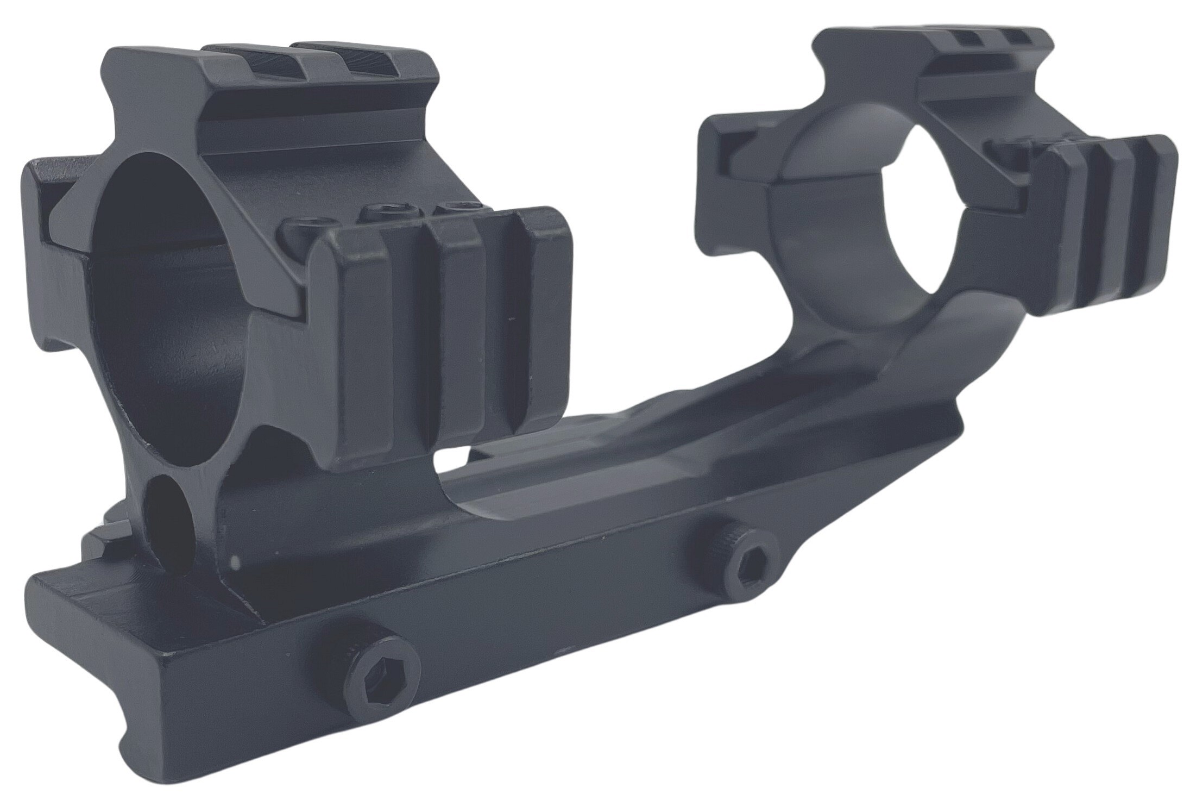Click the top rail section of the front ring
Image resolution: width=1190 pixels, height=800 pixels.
coord(272,71)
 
